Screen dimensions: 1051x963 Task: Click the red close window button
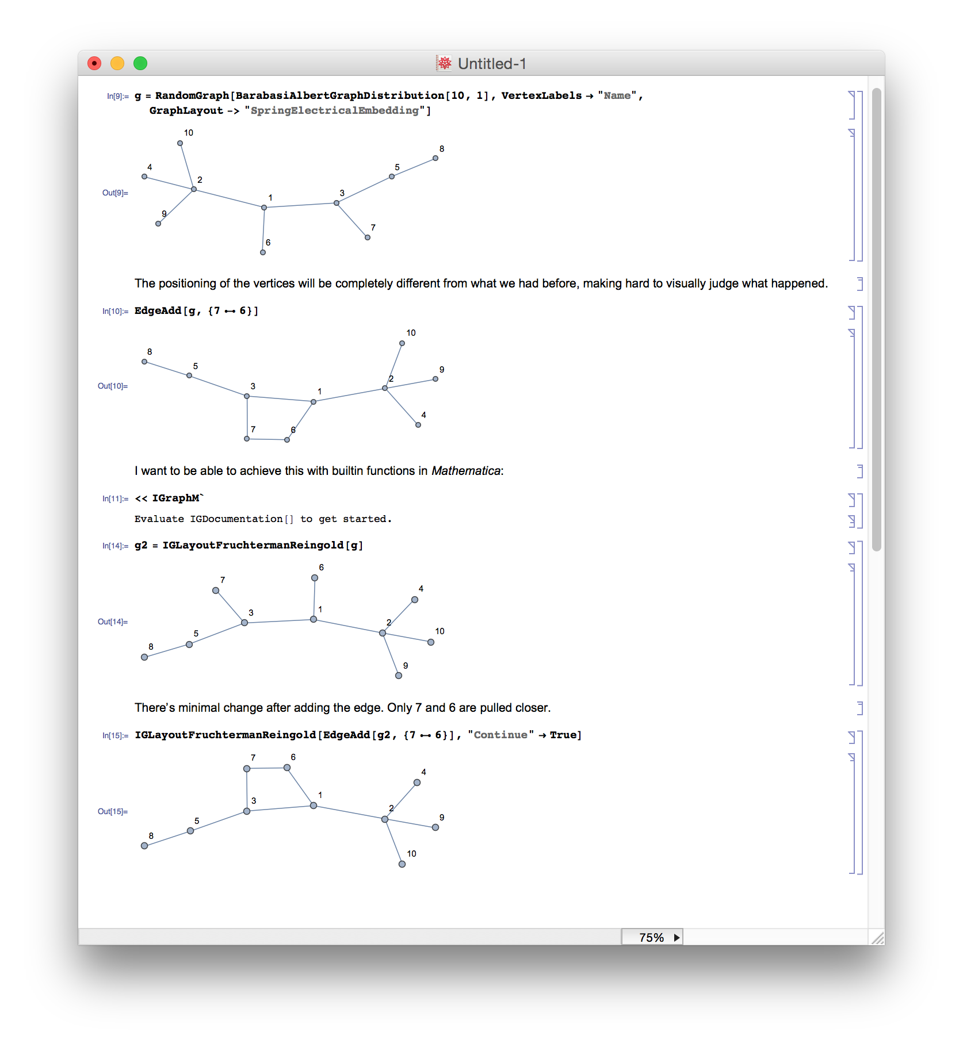[94, 63]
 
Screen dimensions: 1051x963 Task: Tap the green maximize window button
[140, 63]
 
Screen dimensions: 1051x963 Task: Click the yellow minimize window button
[117, 63]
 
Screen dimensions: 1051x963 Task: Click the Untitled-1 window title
[491, 64]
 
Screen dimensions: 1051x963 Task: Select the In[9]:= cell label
[117, 96]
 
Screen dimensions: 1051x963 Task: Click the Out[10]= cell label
[113, 386]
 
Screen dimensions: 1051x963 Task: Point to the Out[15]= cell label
[113, 811]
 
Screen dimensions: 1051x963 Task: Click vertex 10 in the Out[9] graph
[180, 143]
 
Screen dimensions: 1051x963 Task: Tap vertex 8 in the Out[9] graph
[435, 158]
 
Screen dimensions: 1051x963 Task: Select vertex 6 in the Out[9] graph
[263, 252]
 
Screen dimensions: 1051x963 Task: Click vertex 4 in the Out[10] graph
[418, 425]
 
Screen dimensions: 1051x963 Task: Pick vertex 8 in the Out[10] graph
[144, 362]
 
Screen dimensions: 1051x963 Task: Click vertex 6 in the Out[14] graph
[315, 578]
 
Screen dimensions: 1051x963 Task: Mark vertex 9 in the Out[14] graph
[399, 676]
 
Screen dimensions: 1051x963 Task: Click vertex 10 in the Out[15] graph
[402, 864]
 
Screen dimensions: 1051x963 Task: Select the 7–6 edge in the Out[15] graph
[267, 768]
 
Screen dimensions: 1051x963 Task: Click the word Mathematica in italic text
[466, 471]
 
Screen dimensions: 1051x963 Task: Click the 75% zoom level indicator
[652, 938]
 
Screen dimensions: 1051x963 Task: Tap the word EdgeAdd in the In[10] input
[158, 310]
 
